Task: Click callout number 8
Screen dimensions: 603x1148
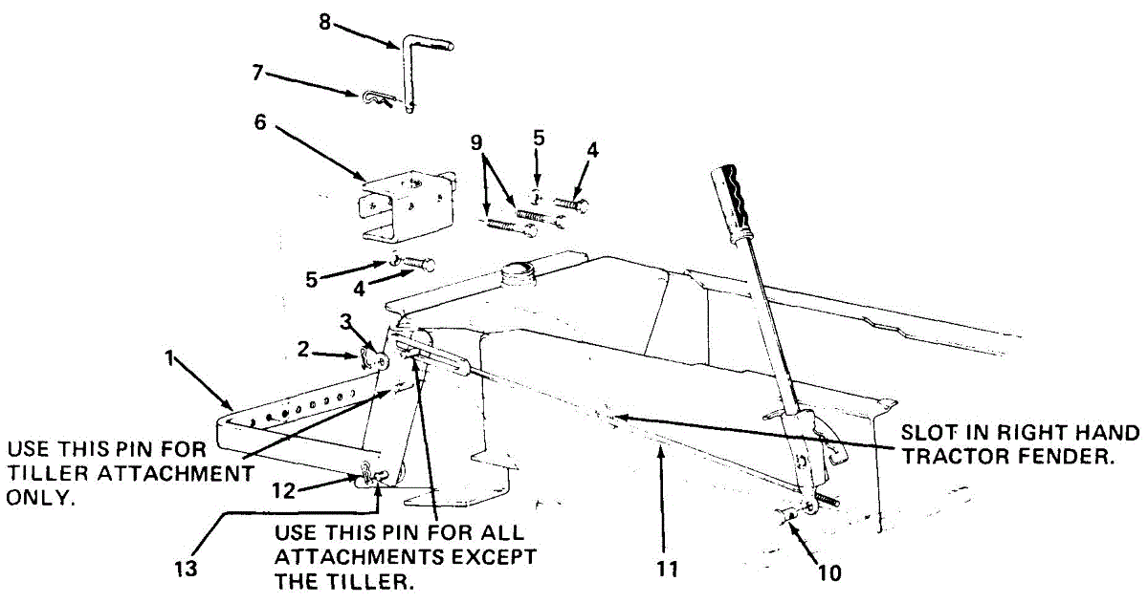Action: (x=324, y=22)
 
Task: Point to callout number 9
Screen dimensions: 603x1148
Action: (x=476, y=142)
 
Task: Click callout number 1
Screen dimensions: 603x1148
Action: (x=169, y=359)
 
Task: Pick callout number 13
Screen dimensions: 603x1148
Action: (x=186, y=569)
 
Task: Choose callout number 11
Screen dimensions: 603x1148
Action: (x=667, y=569)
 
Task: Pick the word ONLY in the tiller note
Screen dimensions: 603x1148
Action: (x=39, y=498)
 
